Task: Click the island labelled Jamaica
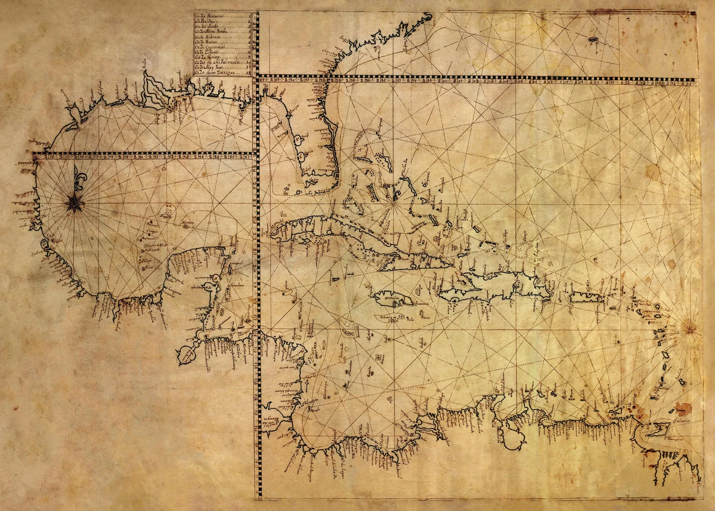point(387,298)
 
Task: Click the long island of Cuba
point(360,239)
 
